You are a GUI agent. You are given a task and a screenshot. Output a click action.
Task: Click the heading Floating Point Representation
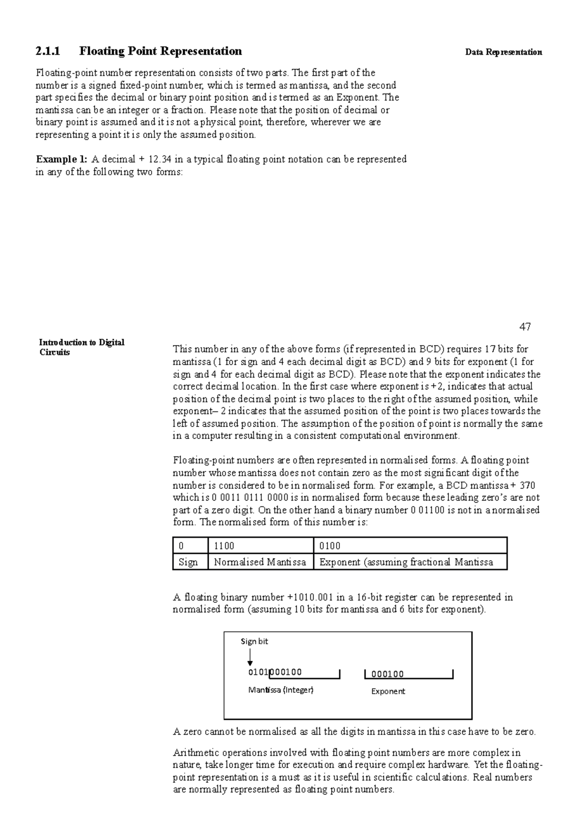pos(161,51)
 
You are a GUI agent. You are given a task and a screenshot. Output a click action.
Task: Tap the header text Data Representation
pos(503,52)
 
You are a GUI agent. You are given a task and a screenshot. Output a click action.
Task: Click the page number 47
pos(525,327)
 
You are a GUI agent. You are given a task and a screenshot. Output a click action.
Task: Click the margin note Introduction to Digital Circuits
pos(81,347)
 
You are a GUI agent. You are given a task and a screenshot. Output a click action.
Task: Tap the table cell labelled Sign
pos(188,562)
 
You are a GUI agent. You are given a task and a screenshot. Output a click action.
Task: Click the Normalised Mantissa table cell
pos(260,562)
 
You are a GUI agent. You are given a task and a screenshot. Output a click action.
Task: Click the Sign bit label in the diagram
pos(254,641)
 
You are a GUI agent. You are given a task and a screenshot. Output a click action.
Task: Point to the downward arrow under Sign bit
pos(250,657)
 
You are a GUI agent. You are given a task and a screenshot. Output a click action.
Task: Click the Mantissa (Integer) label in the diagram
pos(281,690)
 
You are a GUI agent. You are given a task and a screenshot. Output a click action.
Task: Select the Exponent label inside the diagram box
pos(388,691)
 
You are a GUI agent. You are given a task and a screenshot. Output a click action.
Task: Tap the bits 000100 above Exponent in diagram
pos(387,674)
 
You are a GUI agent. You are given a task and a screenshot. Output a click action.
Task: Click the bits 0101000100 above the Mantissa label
pos(275,672)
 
